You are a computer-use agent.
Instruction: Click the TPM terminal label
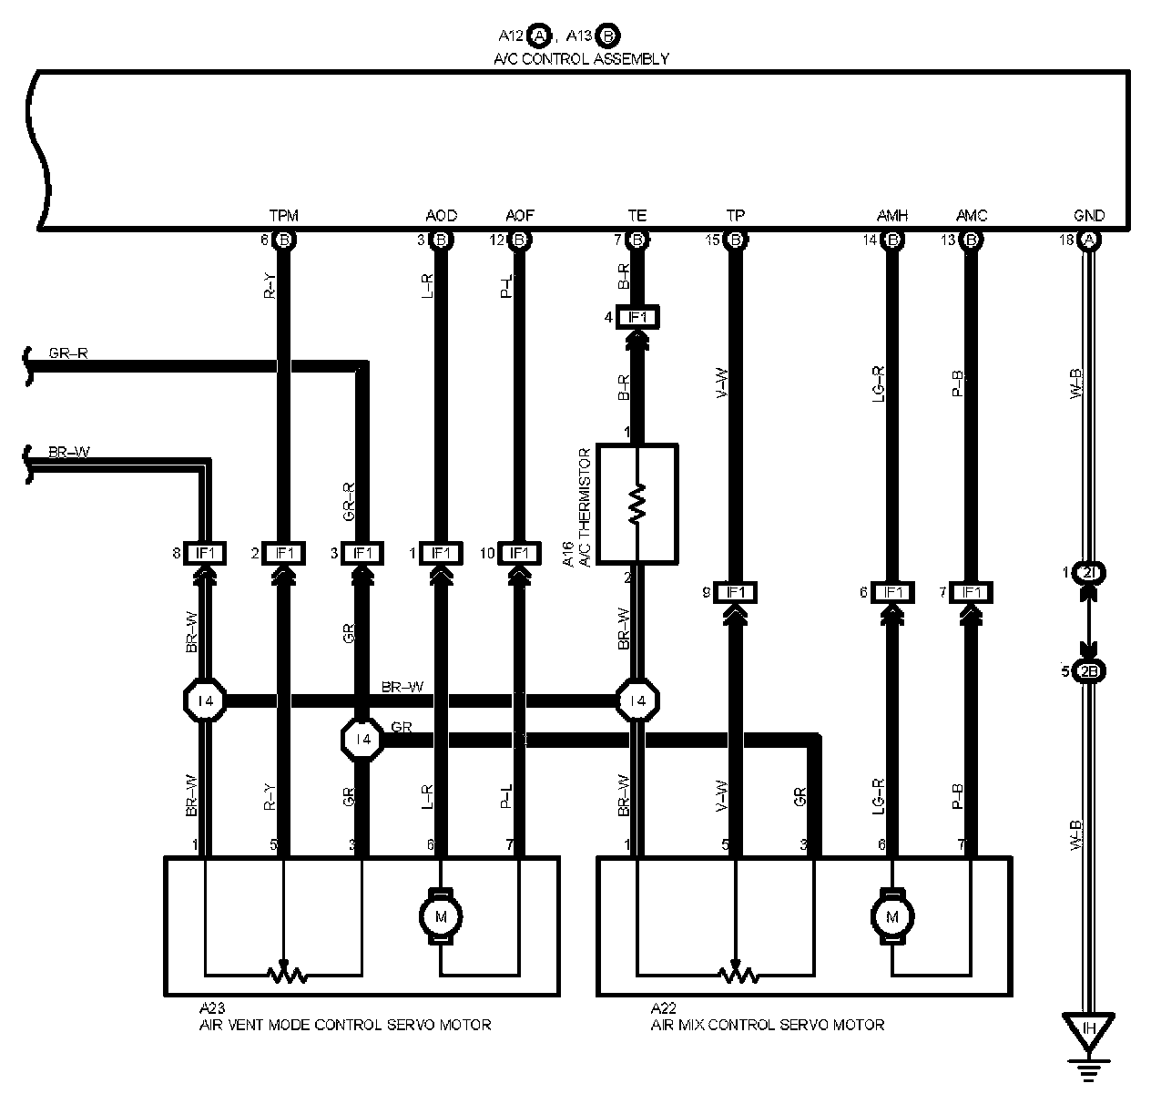(283, 216)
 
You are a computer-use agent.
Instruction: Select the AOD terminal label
(441, 216)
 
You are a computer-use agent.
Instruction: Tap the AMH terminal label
(892, 216)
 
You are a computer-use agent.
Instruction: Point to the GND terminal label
(1089, 216)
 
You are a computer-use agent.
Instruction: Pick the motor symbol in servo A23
(441, 915)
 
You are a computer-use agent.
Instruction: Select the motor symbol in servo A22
(892, 915)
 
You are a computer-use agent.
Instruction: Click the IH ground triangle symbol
(1089, 1031)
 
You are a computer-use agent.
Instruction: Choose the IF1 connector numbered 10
(519, 553)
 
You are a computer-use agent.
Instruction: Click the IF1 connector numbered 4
(637, 317)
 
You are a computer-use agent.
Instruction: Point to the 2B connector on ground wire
(1089, 672)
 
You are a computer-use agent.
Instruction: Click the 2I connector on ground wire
(1089, 573)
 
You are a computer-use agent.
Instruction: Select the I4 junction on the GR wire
(363, 739)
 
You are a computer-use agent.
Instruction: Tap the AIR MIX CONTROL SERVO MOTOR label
(767, 1024)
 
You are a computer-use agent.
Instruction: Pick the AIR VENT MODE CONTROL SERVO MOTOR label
(345, 1024)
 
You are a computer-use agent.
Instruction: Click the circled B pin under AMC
(972, 240)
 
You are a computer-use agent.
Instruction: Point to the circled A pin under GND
(1089, 240)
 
